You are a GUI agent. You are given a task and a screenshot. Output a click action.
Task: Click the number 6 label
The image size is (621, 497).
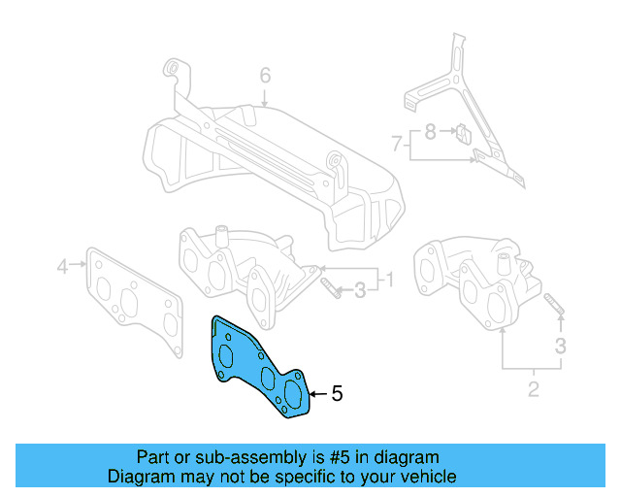[264, 76]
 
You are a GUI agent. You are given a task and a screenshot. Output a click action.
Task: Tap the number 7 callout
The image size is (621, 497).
[397, 144]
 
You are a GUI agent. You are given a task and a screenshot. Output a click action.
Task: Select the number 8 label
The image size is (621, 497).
[429, 128]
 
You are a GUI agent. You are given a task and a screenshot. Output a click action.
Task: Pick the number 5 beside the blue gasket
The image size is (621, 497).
[337, 394]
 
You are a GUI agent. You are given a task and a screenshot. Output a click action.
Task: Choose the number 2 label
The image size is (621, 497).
[533, 391]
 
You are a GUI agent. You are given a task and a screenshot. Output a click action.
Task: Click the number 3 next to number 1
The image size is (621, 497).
[359, 288]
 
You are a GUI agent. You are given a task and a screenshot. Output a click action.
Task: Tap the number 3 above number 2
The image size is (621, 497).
[561, 345]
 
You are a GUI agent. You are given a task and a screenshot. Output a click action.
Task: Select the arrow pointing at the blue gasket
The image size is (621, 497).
[316, 394]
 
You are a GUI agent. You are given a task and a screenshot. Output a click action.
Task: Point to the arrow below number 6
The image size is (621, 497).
[264, 97]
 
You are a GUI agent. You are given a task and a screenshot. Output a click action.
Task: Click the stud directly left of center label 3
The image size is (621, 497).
[330, 288]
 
